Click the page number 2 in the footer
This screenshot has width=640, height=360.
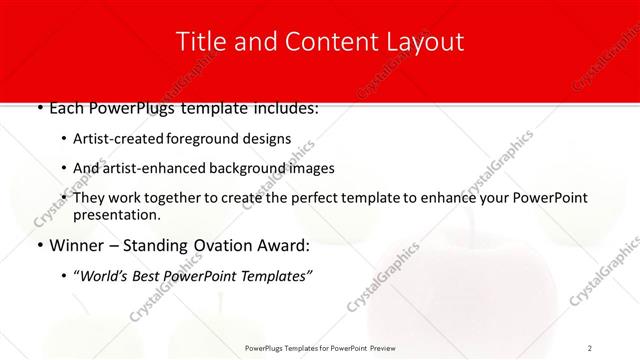pos(590,348)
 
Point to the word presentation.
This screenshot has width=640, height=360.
pos(117,215)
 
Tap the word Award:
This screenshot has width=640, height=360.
pos(290,245)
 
